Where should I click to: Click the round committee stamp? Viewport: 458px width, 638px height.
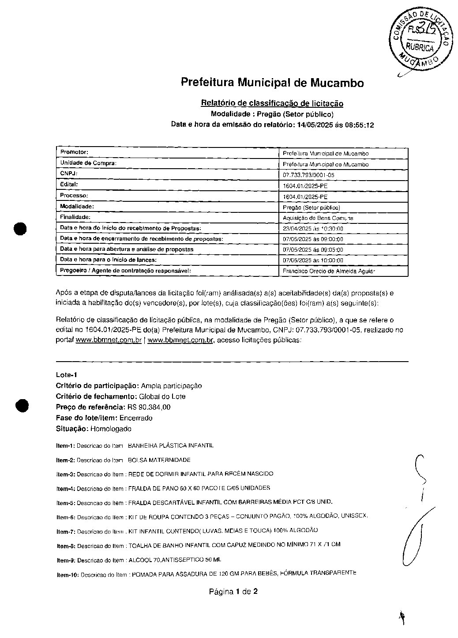click(x=420, y=38)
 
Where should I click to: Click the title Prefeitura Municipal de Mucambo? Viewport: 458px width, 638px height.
click(x=272, y=83)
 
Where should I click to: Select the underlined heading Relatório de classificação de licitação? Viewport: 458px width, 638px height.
click(x=272, y=103)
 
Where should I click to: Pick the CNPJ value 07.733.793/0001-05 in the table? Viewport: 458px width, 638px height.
click(x=308, y=175)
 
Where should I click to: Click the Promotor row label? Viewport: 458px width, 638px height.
click(x=75, y=152)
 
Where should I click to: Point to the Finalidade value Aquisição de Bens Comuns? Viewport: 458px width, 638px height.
click(x=318, y=218)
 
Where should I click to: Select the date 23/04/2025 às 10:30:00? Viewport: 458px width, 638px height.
click(x=313, y=229)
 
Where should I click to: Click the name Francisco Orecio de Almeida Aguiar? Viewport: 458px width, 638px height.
click(x=328, y=271)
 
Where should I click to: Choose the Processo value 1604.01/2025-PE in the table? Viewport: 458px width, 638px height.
click(x=305, y=196)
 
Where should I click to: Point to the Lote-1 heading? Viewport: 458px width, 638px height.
click(x=67, y=375)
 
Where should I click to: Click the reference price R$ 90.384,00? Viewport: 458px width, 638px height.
click(x=149, y=407)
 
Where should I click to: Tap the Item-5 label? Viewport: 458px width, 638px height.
click(x=66, y=503)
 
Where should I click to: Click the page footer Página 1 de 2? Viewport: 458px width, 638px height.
click(x=233, y=591)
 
